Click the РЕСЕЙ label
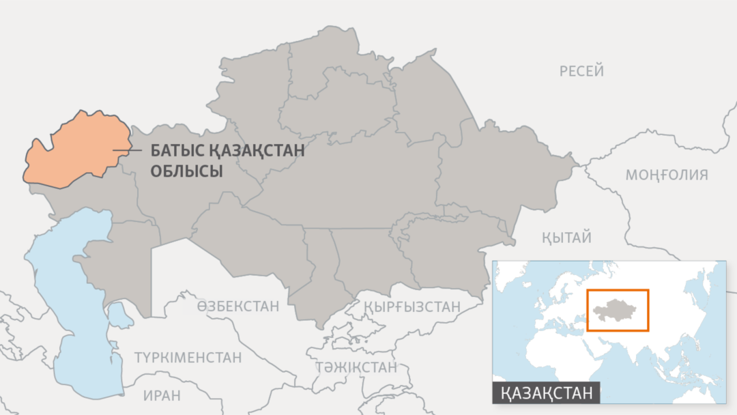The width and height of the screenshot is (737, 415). (x=581, y=71)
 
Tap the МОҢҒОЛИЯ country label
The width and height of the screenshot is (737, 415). (x=667, y=175)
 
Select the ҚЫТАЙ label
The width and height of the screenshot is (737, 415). (x=566, y=238)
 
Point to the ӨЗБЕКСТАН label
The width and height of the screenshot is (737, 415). (x=238, y=306)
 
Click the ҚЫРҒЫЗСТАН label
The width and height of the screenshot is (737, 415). (x=412, y=306)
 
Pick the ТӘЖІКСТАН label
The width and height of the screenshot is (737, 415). (x=356, y=367)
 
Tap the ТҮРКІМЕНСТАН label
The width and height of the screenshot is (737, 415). (x=188, y=358)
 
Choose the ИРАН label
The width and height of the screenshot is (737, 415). (x=162, y=395)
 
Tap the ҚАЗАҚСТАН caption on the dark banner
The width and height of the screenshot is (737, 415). (x=546, y=392)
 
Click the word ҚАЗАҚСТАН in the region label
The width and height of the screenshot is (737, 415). (x=254, y=151)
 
